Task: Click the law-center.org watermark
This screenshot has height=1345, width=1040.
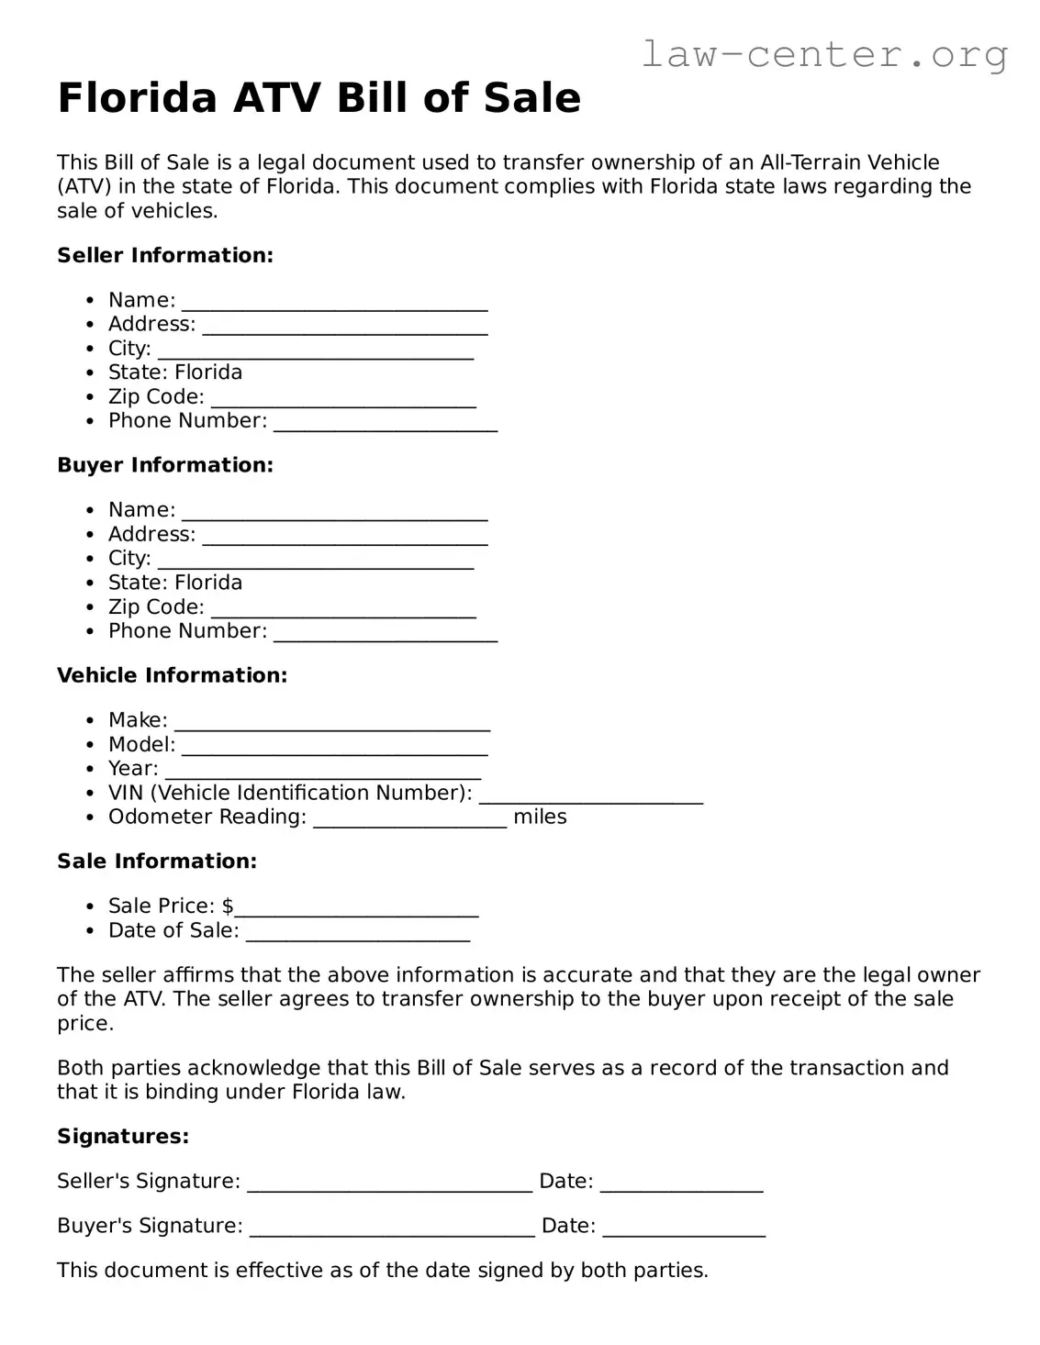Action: pyautogui.click(x=823, y=54)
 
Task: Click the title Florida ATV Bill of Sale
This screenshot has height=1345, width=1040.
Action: pyautogui.click(x=319, y=98)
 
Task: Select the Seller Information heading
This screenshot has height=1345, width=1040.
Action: pyautogui.click(x=165, y=255)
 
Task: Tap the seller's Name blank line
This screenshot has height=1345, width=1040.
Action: pyautogui.click(x=334, y=304)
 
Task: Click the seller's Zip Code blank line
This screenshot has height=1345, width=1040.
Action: pyautogui.click(x=343, y=400)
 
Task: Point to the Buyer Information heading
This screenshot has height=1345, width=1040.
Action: pyautogui.click(x=165, y=465)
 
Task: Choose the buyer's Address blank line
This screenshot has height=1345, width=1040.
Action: pyautogui.click(x=345, y=538)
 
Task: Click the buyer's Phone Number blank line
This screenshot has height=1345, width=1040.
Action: pyautogui.click(x=386, y=634)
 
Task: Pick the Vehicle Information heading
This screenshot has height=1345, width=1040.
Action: pyautogui.click(x=173, y=675)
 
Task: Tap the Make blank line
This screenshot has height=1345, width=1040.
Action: pyautogui.click(x=332, y=724)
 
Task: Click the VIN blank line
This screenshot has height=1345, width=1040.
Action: pyautogui.click(x=591, y=796)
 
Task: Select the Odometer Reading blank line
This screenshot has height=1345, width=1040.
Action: pyautogui.click(x=409, y=820)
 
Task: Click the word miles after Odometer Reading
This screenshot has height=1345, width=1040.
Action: pyautogui.click(x=540, y=817)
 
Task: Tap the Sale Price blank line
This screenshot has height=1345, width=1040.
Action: pyautogui.click(x=356, y=909)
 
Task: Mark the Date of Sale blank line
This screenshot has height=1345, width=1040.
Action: pyautogui.click(x=358, y=934)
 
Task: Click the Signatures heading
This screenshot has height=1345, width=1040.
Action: pyautogui.click(x=123, y=1137)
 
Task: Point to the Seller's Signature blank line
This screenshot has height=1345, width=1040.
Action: pyautogui.click(x=390, y=1184)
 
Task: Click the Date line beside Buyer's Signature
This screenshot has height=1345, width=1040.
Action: pyautogui.click(x=684, y=1229)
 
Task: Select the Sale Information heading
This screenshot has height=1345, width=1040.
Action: pyautogui.click(x=157, y=861)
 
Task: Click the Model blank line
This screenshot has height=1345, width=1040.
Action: pyautogui.click(x=334, y=748)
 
